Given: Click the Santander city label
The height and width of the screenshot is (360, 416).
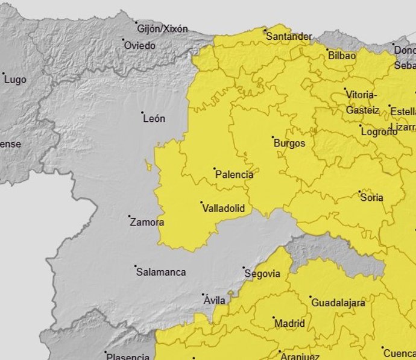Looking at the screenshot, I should coord(289,37).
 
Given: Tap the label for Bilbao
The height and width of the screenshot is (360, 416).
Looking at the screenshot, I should coord(342,55).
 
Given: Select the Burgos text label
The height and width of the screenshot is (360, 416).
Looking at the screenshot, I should coord(289,144).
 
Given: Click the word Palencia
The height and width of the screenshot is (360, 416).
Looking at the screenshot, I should coord(234,174).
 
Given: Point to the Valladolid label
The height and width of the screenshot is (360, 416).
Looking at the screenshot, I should coord(223,208).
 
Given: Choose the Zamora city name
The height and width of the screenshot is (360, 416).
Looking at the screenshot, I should coord(147,222).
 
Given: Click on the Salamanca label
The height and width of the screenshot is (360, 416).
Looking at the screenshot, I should coord(161,272).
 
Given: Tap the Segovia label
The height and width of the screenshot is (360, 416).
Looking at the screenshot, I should coord(262,274).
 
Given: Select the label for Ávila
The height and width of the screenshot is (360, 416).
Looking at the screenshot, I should coord(215,300).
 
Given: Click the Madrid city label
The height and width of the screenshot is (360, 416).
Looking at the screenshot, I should coord(289,324).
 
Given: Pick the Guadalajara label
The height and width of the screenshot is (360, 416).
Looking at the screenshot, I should coord(338,303).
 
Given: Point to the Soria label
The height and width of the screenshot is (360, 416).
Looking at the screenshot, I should coord(371,198).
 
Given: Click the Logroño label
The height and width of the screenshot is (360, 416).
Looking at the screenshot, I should coord(379,131).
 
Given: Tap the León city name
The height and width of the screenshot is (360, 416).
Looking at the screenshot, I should coord(154,119).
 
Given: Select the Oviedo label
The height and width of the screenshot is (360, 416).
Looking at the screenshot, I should coord(139,46).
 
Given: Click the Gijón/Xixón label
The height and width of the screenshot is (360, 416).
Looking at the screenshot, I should coord(163,29).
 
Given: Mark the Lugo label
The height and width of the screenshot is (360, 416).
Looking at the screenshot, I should coord(15,80).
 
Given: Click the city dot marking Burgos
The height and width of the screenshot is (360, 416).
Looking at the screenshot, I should coord(273,137).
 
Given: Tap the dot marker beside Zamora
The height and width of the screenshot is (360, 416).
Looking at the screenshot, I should coord(129,216).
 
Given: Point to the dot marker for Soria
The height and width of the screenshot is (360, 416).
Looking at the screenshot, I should coord(360,192).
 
